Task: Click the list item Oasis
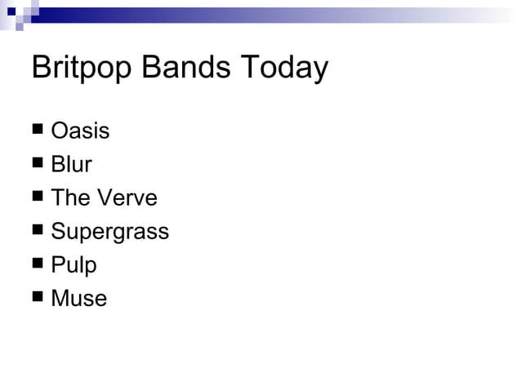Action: [80, 131]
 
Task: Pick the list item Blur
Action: [71, 164]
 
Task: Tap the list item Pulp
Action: [73, 265]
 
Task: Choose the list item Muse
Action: [78, 298]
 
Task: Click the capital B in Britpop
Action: [41, 68]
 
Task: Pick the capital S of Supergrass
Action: [58, 231]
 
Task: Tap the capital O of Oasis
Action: [60, 131]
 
